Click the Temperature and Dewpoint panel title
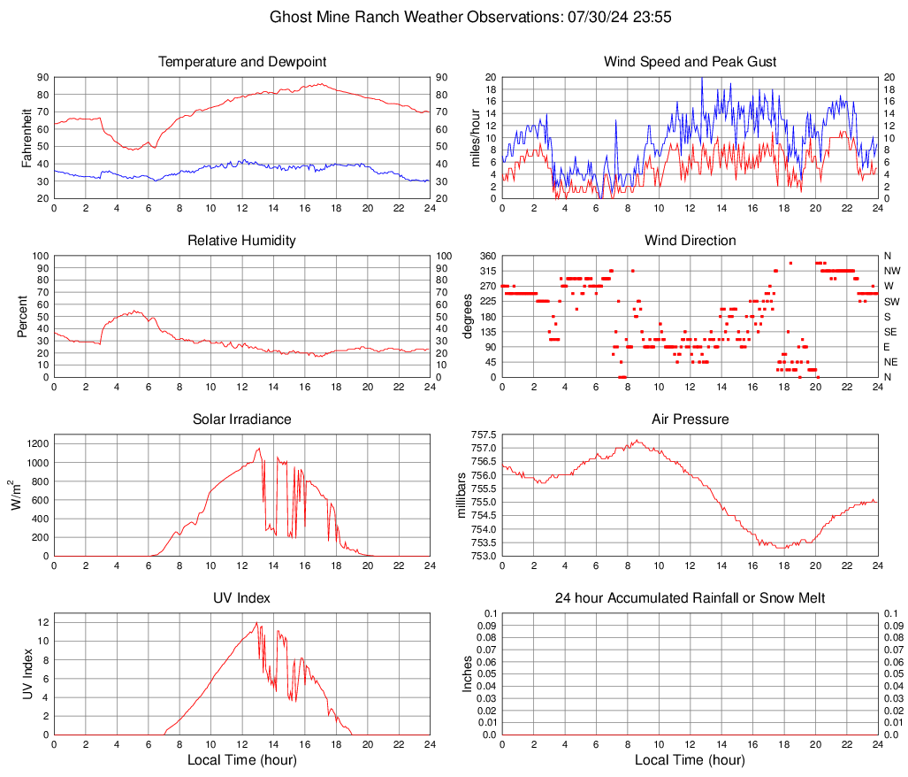[x=241, y=62]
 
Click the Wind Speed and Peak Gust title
[x=690, y=62]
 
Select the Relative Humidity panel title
[x=241, y=241]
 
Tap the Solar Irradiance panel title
[x=241, y=419]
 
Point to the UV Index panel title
[x=241, y=598]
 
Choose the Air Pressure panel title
[x=690, y=419]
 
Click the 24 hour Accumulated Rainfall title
[x=690, y=598]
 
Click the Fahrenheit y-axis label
[x=27, y=138]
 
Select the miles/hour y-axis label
[x=476, y=138]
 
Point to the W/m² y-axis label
[x=15, y=496]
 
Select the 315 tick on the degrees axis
[x=485, y=271]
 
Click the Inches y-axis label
[x=469, y=674]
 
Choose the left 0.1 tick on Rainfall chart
[x=489, y=613]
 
